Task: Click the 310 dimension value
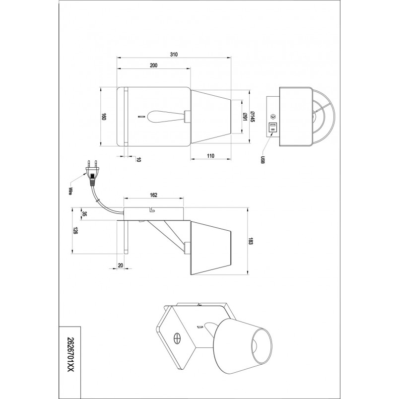174,54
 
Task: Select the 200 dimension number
153,65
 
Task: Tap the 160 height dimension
104,117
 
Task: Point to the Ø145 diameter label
253,117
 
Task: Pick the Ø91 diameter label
245,117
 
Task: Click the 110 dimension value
210,156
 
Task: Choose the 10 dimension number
138,159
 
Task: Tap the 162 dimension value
153,195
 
